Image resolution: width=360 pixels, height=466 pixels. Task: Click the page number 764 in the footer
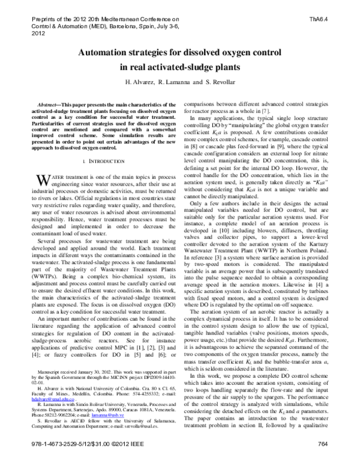[337, 459]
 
